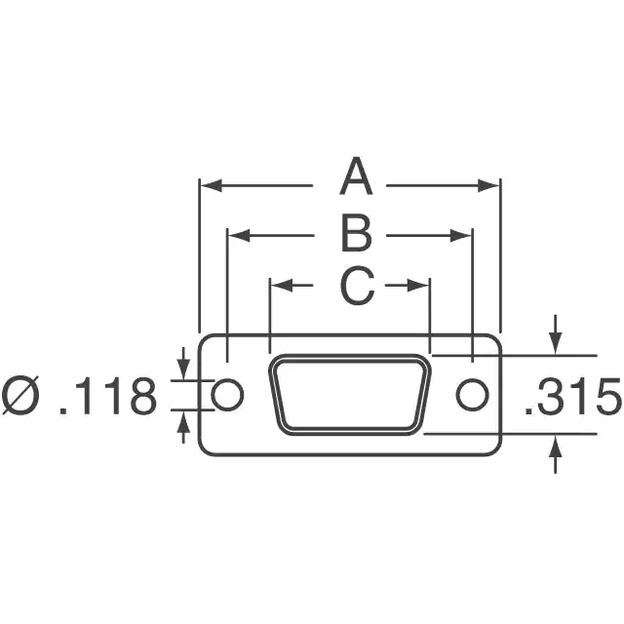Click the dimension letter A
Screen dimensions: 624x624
pyautogui.click(x=356, y=176)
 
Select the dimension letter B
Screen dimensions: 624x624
pyautogui.click(x=357, y=233)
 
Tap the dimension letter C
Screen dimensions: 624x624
pyautogui.click(x=357, y=286)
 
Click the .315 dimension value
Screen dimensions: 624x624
pyautogui.click(x=572, y=397)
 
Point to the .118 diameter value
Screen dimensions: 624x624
pyautogui.click(x=107, y=397)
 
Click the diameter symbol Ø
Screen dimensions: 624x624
pyautogui.click(x=20, y=396)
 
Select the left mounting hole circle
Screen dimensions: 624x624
pyautogui.click(x=227, y=395)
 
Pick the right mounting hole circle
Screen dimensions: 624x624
pyautogui.click(x=472, y=395)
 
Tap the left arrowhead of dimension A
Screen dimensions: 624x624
pyautogui.click(x=211, y=185)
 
